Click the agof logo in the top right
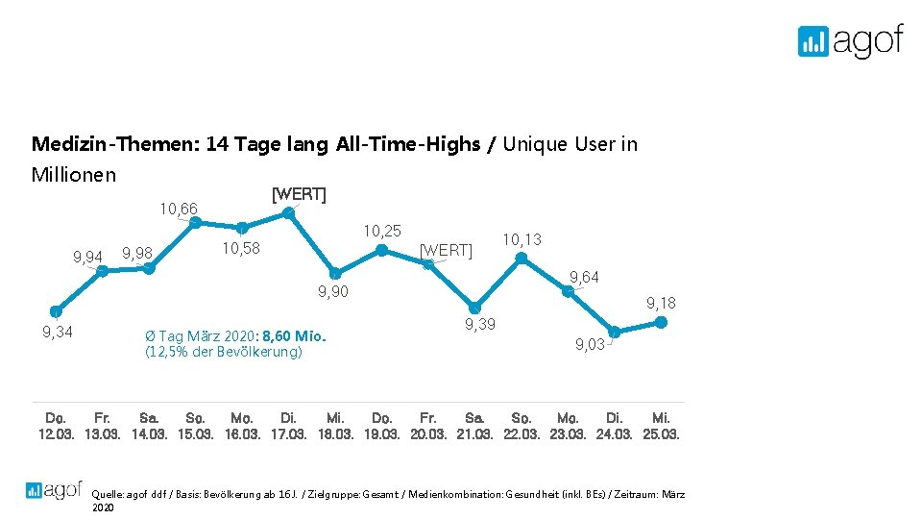850,40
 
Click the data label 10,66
178,210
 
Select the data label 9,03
590,344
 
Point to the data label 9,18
661,303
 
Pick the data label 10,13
522,239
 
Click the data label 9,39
480,324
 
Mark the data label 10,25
381,231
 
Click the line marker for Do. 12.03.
57,310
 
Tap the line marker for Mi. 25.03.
662,323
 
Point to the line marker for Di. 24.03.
615,332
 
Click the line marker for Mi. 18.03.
335,274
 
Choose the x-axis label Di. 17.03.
288,426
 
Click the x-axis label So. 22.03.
522,426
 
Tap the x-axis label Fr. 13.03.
103,426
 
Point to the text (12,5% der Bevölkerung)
223,352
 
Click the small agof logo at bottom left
54,489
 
